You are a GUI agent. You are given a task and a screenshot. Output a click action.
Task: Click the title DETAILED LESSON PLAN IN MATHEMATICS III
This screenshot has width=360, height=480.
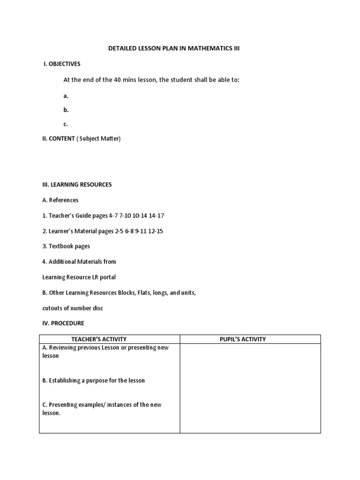[x=174, y=48]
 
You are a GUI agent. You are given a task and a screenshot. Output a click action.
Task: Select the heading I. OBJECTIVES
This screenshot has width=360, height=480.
[x=62, y=64]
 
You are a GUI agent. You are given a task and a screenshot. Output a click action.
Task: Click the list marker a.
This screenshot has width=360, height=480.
[x=66, y=96]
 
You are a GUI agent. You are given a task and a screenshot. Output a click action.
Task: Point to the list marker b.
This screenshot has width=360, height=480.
[x=66, y=110]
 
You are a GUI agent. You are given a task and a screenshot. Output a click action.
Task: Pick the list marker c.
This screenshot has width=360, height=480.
[x=66, y=124]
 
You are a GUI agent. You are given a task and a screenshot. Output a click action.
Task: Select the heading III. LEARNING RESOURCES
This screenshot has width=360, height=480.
[x=77, y=185]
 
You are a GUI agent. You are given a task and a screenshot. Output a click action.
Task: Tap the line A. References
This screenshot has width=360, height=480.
[x=60, y=200]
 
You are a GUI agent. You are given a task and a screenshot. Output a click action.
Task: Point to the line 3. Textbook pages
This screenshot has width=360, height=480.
[x=66, y=246]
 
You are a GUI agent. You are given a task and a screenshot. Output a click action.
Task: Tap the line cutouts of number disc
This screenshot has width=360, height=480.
[x=72, y=308]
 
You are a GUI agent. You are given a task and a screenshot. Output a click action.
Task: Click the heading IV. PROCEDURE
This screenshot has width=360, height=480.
[x=63, y=323]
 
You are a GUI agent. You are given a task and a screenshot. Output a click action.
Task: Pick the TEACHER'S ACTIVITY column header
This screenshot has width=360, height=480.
[x=98, y=339]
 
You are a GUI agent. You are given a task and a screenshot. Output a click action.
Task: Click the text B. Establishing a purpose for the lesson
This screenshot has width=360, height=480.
[x=93, y=381]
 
